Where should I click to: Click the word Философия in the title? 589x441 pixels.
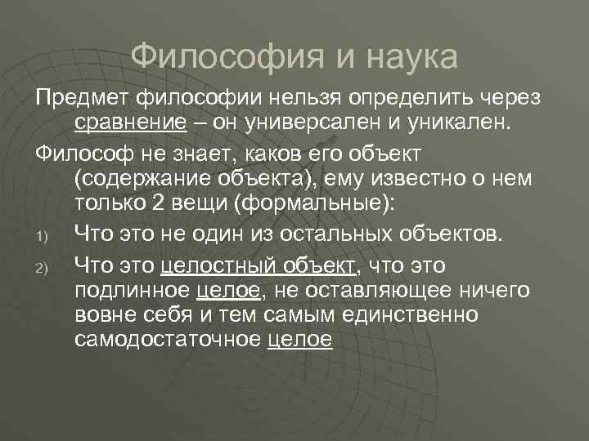[218, 58]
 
